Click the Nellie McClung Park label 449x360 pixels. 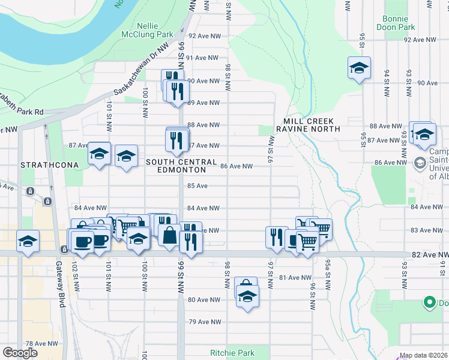[x=154, y=31]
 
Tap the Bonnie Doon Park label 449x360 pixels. [x=399, y=23]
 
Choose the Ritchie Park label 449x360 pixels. [x=232, y=353]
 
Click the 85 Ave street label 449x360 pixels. [x=197, y=186]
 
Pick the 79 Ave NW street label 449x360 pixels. [x=202, y=322]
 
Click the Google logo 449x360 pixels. [x=20, y=353]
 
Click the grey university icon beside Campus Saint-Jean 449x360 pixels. [x=419, y=162]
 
